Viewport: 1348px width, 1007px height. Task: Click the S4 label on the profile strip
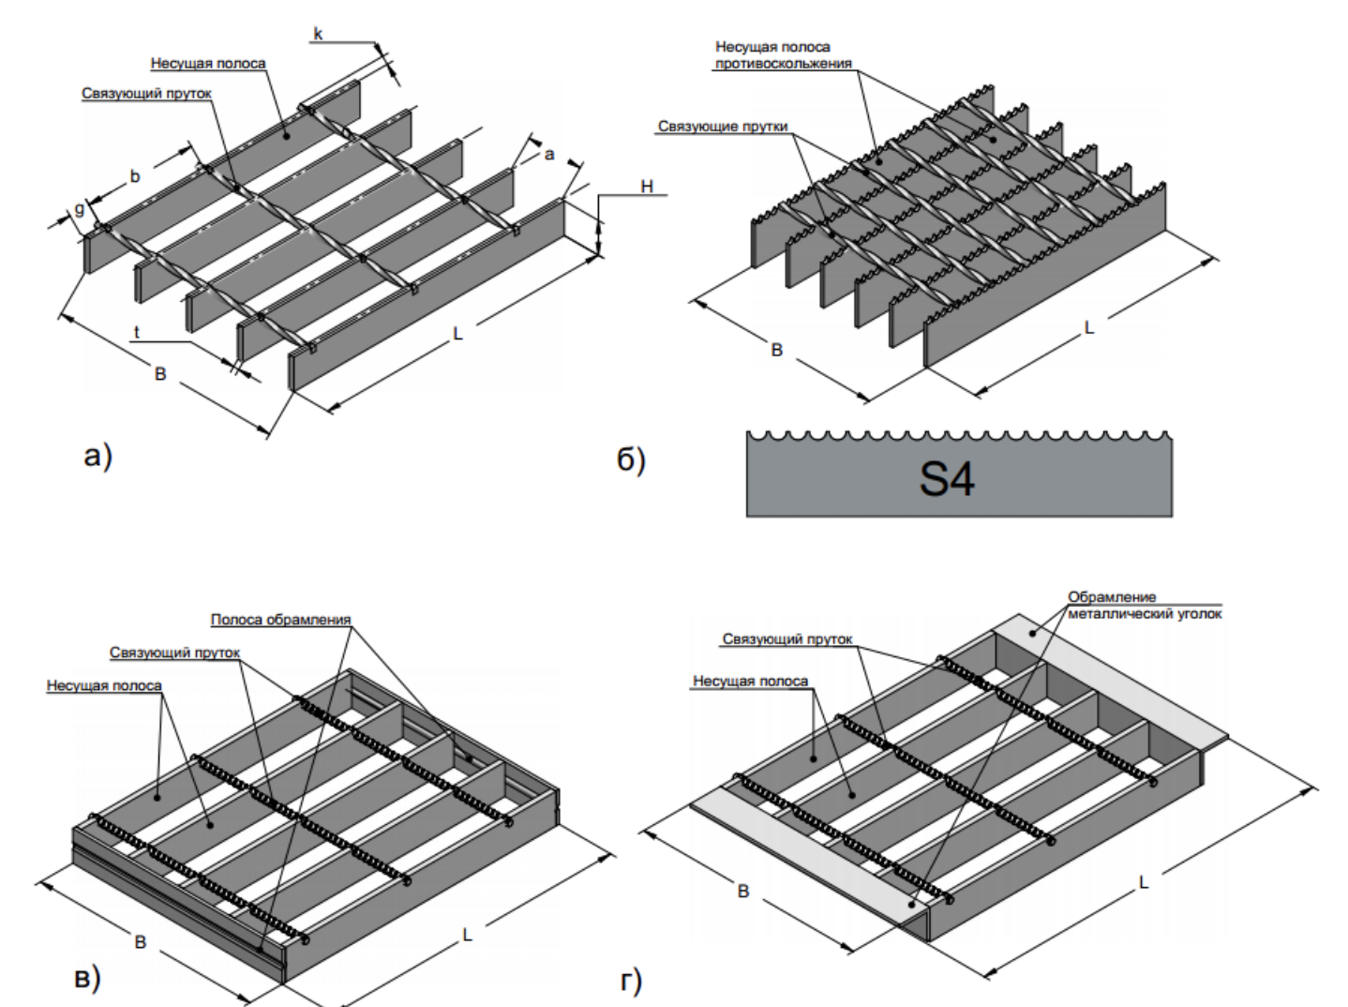coord(946,478)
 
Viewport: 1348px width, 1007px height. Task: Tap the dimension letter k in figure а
coord(318,35)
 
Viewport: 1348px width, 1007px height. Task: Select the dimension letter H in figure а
coord(647,187)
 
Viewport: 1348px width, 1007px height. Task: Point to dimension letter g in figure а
coord(79,210)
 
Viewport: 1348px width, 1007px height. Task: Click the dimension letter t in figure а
coord(137,332)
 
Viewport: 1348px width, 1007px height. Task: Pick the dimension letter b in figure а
coord(135,176)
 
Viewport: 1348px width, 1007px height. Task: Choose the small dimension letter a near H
coord(549,154)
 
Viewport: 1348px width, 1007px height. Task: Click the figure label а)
coord(97,457)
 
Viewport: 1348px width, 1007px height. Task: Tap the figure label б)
coord(631,459)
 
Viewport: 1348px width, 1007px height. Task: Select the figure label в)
coord(86,978)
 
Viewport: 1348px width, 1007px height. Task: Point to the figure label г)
coord(631,982)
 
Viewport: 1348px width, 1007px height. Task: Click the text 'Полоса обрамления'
coord(280,620)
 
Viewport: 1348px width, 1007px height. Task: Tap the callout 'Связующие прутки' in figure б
coord(723,127)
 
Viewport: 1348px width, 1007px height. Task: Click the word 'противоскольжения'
coord(783,64)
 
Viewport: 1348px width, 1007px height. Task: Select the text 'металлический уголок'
coord(1145,613)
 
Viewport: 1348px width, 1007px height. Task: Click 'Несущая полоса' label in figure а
coord(208,64)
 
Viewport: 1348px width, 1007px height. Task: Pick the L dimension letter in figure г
coord(1143,882)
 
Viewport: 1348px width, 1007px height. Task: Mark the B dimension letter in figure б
coord(776,350)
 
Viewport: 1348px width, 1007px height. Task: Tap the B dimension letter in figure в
coord(141,941)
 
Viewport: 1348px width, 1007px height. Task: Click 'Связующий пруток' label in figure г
coord(787,639)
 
